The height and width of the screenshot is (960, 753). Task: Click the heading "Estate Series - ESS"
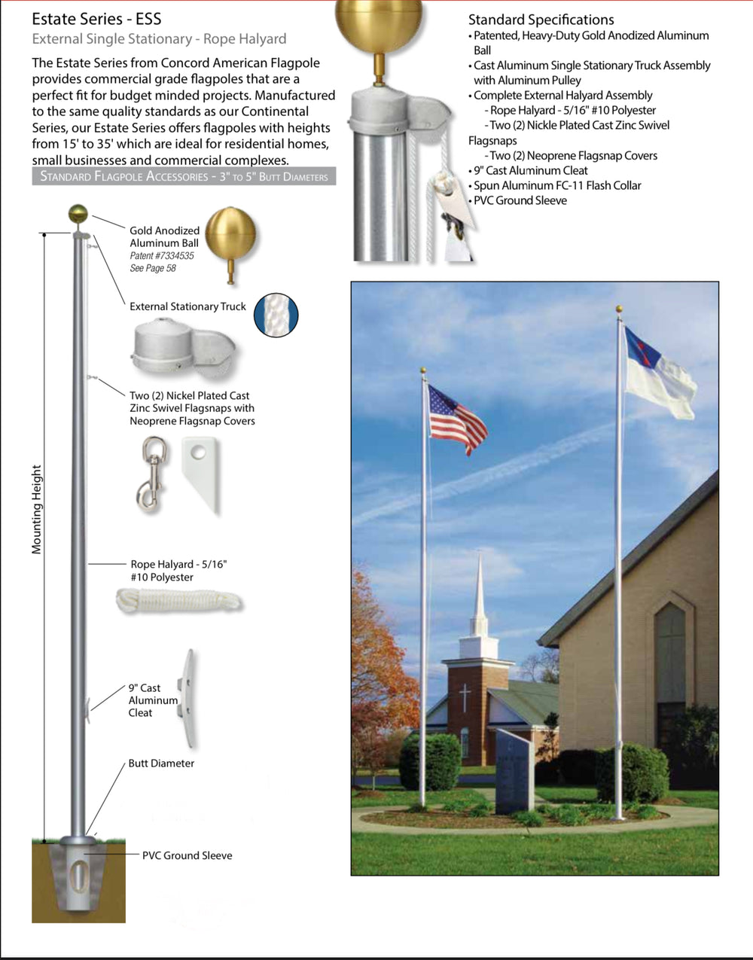point(96,19)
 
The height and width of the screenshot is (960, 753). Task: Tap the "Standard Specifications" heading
point(541,20)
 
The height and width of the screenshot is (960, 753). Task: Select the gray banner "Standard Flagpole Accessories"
point(184,177)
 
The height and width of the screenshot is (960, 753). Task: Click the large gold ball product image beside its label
point(230,239)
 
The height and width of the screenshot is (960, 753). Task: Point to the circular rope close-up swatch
point(276,315)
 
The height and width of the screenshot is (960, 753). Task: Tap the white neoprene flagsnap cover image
point(201,473)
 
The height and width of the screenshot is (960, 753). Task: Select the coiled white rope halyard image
point(179,601)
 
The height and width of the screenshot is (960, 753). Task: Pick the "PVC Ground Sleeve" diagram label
point(187,855)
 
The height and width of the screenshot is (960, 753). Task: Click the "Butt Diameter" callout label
point(161,763)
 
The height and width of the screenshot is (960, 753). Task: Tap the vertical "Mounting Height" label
point(37,510)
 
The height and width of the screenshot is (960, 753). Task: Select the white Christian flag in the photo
point(659,373)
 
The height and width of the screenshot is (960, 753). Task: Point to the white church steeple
point(479,602)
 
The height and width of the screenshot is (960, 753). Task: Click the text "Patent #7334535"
point(162,256)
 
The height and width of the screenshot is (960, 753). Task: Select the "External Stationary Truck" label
point(187,306)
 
